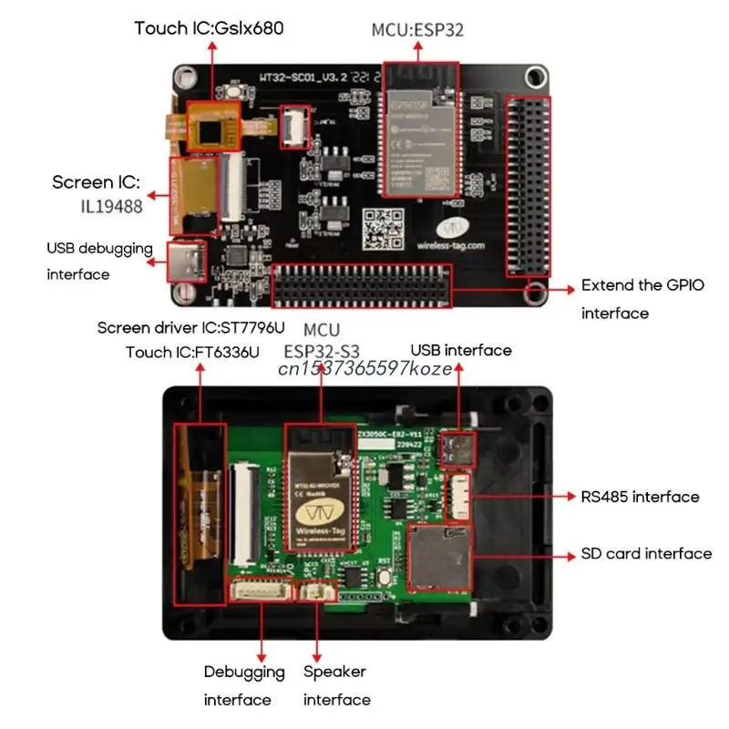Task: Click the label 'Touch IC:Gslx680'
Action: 209,28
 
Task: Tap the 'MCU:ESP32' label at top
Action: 417,29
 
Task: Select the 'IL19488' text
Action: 109,206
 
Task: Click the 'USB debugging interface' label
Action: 99,261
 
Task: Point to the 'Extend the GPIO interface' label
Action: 642,299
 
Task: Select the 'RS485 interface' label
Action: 640,497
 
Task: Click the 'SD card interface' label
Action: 646,553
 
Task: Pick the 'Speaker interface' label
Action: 336,685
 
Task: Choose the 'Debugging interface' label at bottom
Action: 238,685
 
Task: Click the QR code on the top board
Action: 383,229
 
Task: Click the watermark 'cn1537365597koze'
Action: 364,368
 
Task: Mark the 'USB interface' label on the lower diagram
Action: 460,350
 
